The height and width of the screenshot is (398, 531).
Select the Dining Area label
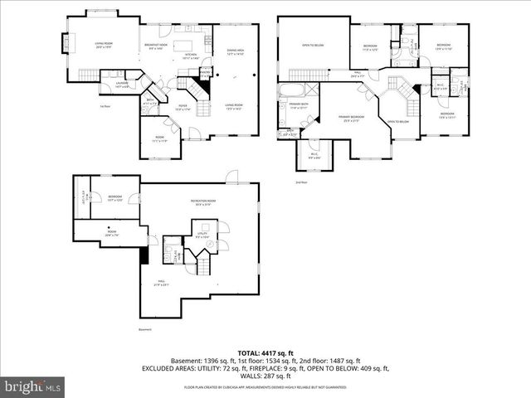pyautogui.click(x=235, y=53)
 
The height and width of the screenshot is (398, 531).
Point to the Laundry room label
pyautogui.click(x=120, y=84)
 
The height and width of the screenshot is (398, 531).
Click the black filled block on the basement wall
pyautogui.click(x=145, y=255)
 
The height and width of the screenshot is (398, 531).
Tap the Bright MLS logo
pyautogui.click(x=33, y=386)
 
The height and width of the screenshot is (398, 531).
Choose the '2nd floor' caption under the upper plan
pyautogui.click(x=300, y=182)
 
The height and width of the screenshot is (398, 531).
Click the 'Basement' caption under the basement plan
pyautogui.click(x=146, y=329)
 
